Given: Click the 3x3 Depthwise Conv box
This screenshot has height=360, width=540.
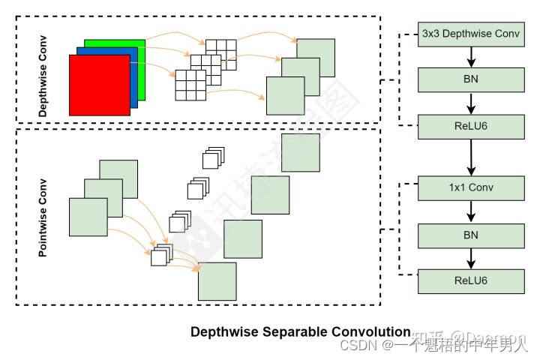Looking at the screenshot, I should pyautogui.click(x=471, y=33).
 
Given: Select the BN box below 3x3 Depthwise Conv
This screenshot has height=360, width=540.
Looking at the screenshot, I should pyautogui.click(x=471, y=79).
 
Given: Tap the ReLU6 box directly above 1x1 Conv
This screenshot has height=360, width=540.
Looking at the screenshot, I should pyautogui.click(x=471, y=125).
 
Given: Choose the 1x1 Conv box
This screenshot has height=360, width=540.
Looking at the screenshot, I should pyautogui.click(x=471, y=187).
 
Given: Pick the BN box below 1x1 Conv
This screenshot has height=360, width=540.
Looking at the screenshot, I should pyautogui.click(x=471, y=235).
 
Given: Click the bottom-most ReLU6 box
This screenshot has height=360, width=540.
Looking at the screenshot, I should pyautogui.click(x=471, y=281).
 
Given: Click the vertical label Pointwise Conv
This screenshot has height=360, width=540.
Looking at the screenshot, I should pyautogui.click(x=42, y=217).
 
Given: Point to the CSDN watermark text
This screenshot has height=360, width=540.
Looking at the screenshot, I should pyautogui.click(x=357, y=345).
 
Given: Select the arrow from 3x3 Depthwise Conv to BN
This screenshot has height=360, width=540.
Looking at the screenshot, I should pyautogui.click(x=471, y=56).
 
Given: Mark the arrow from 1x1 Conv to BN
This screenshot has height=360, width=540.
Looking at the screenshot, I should pyautogui.click(x=471, y=211).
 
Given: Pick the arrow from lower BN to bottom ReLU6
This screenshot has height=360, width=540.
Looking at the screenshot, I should pyautogui.click(x=471, y=258).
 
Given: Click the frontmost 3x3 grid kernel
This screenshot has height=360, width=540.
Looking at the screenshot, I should pyautogui.click(x=190, y=85).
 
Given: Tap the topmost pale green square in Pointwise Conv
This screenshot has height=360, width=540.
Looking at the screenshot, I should pyautogui.click(x=300, y=153).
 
